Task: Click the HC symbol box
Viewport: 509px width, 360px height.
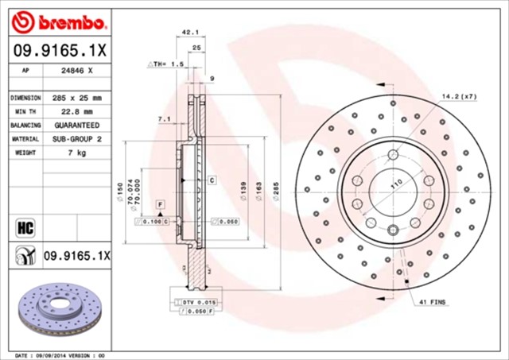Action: pos(24,229)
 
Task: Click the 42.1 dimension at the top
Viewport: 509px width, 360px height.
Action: pos(190,33)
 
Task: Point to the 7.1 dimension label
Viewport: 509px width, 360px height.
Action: pos(165,118)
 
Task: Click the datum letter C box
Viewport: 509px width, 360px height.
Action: pos(212,180)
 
